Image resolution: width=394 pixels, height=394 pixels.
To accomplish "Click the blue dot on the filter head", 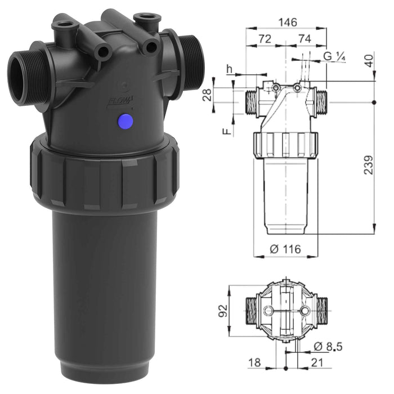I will [126, 120].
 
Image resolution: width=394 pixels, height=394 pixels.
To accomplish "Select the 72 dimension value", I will [265, 39].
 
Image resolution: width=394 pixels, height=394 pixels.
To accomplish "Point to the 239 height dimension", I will [369, 164].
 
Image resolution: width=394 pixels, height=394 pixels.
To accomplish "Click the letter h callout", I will [229, 69].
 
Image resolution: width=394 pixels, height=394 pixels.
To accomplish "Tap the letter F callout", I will [226, 131].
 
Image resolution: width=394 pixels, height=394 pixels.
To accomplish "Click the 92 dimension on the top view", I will [223, 311].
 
